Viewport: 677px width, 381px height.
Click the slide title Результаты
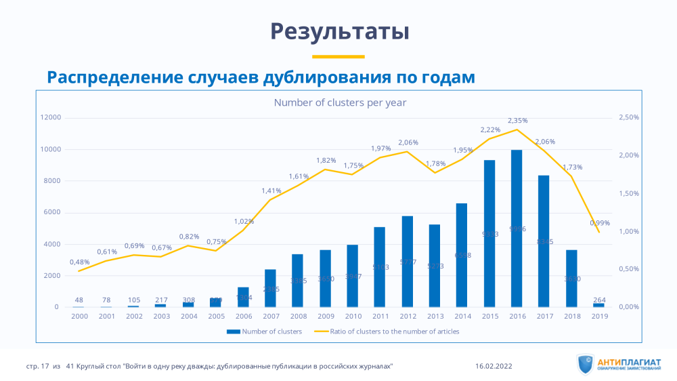coord(339,31)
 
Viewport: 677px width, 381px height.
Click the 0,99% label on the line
coord(600,222)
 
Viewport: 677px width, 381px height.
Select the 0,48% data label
coord(79,262)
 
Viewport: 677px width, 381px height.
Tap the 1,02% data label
coord(244,221)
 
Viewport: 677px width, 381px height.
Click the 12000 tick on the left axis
coord(51,117)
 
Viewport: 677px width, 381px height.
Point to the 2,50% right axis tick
coord(629,117)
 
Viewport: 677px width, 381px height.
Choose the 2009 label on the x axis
coord(326,316)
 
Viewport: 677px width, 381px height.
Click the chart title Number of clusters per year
coord(339,102)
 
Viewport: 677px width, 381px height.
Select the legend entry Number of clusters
coord(265,332)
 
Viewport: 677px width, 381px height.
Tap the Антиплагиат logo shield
coord(586,364)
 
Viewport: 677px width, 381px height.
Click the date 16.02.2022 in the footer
coord(494,366)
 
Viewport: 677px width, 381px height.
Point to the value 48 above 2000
coord(79,300)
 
